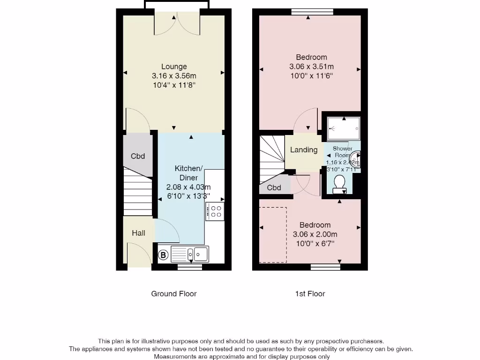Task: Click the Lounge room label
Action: pyautogui.click(x=174, y=67)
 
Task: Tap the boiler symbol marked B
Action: pyautogui.click(x=164, y=255)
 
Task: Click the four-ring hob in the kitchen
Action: pyautogui.click(x=216, y=211)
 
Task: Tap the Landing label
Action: pyautogui.click(x=304, y=150)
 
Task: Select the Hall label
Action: pyautogui.click(x=138, y=233)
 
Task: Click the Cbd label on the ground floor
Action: pyautogui.click(x=138, y=156)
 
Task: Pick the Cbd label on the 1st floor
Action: pyautogui.click(x=274, y=188)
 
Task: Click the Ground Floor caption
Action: pyautogui.click(x=174, y=294)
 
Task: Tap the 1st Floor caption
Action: pyautogui.click(x=310, y=294)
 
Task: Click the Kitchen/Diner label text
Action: pyautogui.click(x=189, y=173)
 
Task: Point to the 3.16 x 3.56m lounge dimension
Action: pyautogui.click(x=174, y=76)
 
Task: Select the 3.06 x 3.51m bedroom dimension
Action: pyautogui.click(x=311, y=67)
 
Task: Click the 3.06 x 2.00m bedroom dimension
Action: pyautogui.click(x=315, y=234)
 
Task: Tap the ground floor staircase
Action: pyautogui.click(x=138, y=192)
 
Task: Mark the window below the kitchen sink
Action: pyautogui.click(x=190, y=267)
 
